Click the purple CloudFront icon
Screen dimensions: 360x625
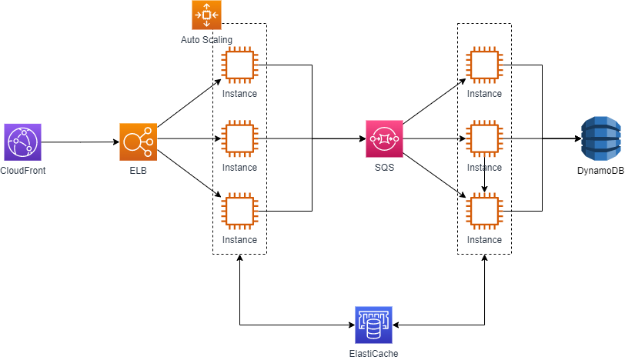pos(22,142)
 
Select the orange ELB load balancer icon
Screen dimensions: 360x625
pos(138,142)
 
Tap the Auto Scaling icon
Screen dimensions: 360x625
pos(206,15)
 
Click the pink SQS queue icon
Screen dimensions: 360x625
pos(384,139)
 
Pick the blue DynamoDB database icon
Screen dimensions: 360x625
pos(601,139)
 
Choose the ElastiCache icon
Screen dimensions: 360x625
pos(373,325)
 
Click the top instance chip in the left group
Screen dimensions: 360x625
pos(239,65)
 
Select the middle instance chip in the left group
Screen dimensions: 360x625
pos(239,139)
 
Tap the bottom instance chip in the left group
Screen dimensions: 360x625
pos(239,212)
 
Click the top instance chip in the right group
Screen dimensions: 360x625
pos(484,65)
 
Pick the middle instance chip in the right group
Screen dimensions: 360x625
pos(484,139)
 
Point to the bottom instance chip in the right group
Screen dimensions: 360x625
pos(484,212)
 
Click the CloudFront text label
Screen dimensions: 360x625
pos(23,170)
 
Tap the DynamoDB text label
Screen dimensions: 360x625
pos(601,170)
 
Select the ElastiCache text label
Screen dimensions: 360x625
pos(373,353)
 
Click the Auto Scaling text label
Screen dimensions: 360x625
pos(206,39)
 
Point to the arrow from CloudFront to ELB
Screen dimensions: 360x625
pos(79,142)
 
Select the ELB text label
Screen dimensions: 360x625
pos(138,170)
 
